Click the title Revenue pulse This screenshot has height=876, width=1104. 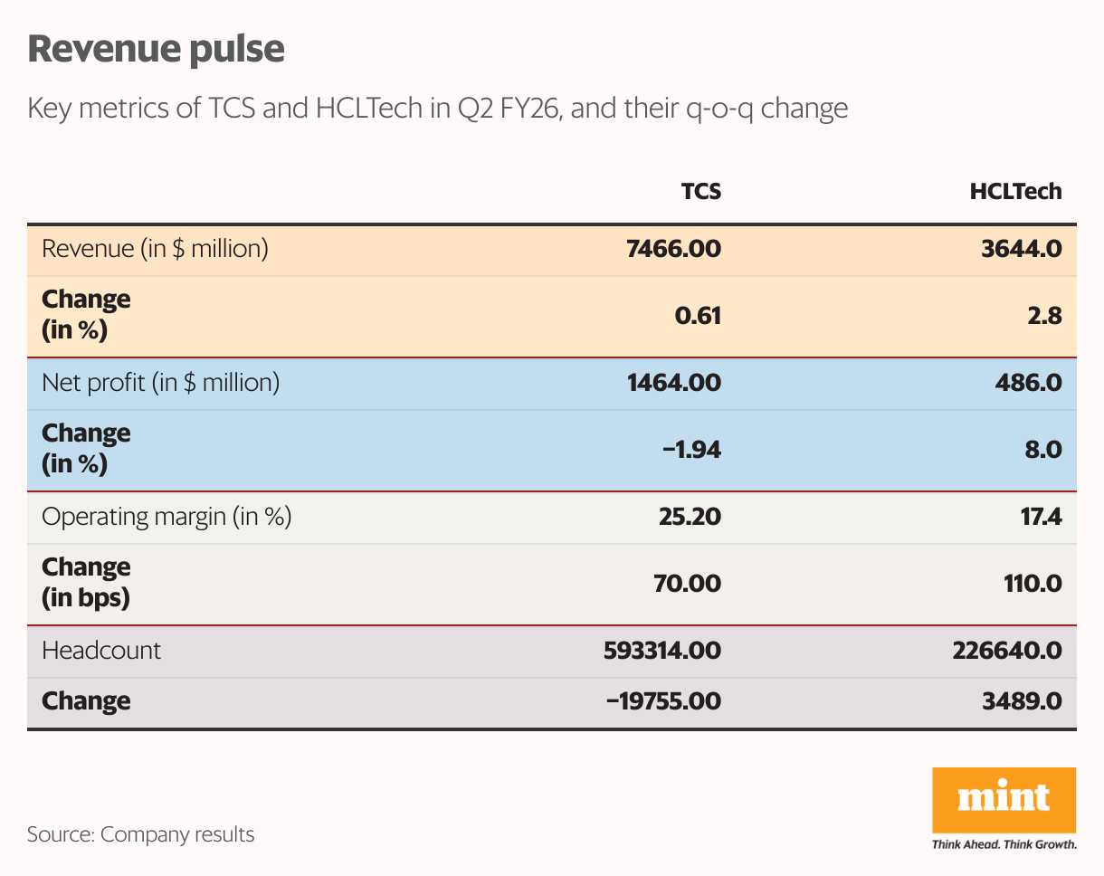click(156, 49)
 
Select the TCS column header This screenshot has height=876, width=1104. click(700, 192)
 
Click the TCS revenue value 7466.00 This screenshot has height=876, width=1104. click(673, 249)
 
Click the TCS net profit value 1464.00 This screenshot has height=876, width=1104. click(673, 383)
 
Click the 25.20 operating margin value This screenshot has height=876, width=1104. click(689, 517)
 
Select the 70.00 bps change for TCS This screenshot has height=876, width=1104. click(689, 584)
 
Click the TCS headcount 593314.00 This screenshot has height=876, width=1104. click(661, 651)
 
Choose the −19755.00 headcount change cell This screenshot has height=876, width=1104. click(663, 701)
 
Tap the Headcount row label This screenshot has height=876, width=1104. click(101, 651)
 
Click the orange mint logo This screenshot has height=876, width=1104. click(1004, 800)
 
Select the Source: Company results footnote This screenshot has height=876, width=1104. click(140, 833)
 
